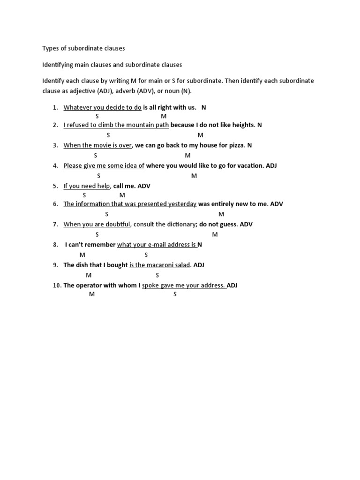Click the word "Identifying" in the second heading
[58, 65]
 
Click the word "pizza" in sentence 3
[236, 145]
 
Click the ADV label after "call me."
[144, 186]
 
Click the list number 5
[55, 186]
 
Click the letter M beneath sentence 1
[164, 116]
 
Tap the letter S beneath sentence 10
[175, 294]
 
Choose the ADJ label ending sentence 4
[271, 165]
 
